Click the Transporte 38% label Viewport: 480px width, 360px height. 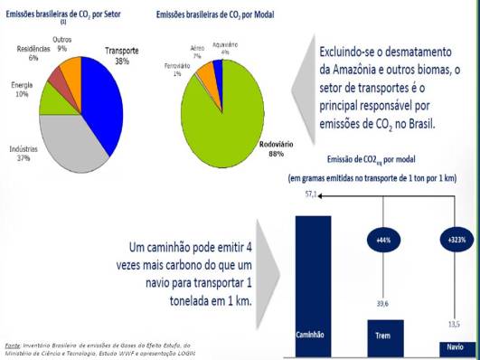click(x=124, y=57)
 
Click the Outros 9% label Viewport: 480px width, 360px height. click(x=62, y=44)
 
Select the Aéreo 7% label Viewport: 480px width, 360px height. click(x=197, y=51)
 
